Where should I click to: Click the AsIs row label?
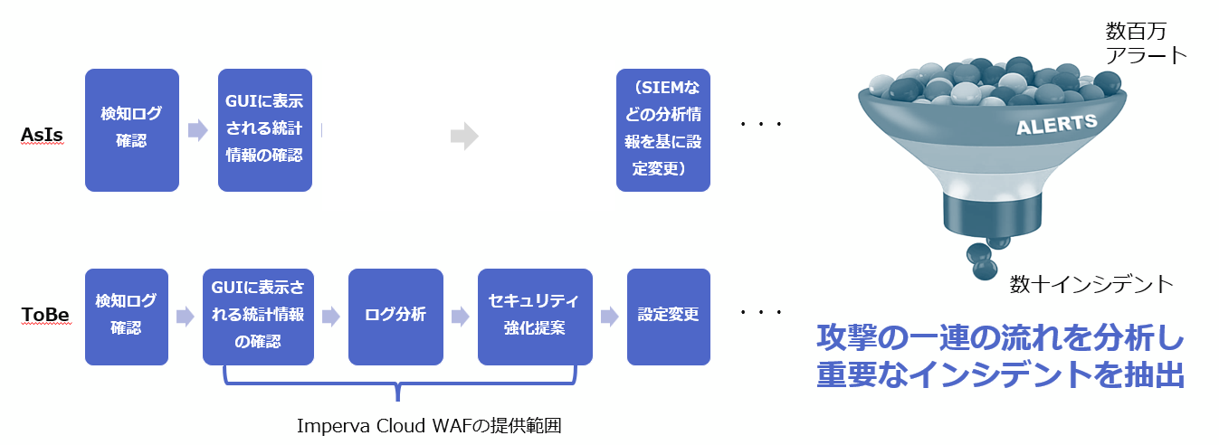tap(42, 135)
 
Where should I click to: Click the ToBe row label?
tap(46, 315)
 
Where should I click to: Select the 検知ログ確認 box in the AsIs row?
tap(132, 130)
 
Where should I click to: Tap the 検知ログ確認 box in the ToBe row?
tap(127, 317)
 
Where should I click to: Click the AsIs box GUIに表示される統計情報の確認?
tap(265, 130)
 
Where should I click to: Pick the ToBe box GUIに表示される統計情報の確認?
tap(258, 317)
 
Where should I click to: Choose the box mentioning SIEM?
tap(662, 130)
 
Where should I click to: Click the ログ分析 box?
tap(395, 317)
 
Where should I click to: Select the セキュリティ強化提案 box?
tap(535, 317)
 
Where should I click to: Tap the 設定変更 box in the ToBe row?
tap(668, 317)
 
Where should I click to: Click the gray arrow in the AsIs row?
tap(465, 136)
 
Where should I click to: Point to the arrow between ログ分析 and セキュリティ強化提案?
tap(461, 316)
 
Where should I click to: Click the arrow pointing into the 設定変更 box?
tap(610, 316)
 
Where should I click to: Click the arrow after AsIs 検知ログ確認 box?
tap(198, 130)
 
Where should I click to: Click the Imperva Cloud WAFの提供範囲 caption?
tap(429, 425)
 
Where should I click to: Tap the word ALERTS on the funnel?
tap(1057, 125)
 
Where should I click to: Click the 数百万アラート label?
tap(1146, 43)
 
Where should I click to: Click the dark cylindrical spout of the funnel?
tap(992, 215)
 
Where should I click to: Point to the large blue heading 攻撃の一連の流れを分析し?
tap(1000, 338)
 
